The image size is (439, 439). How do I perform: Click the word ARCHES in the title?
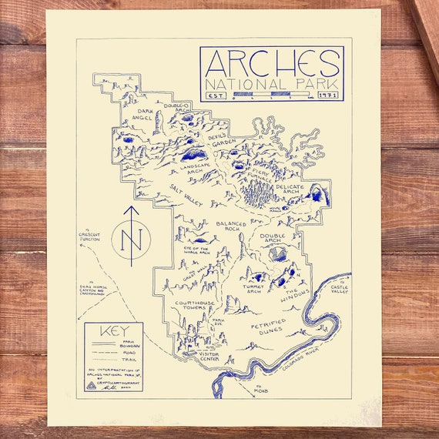coord(271,63)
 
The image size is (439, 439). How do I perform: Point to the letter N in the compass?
coord(132,240)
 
